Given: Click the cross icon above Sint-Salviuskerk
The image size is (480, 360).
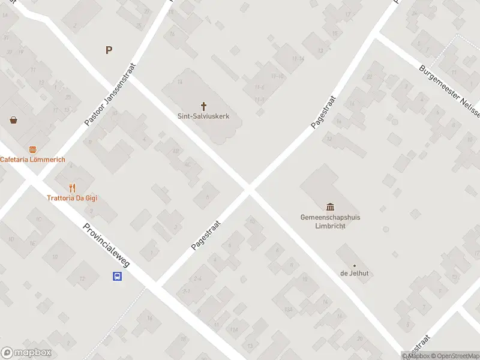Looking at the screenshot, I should coord(203,106).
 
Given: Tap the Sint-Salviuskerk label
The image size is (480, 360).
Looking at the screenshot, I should coord(203,116).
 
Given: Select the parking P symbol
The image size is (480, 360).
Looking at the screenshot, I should coord(109,50).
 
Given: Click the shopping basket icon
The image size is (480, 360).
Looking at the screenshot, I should coord(14,119).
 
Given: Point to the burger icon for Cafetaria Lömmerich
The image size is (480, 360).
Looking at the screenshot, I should coord(32,149).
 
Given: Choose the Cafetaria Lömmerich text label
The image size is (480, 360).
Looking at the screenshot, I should coord(32,160).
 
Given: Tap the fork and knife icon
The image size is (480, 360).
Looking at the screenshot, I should coord(73,188).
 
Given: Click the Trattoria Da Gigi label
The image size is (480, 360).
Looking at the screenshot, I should coord(72,198).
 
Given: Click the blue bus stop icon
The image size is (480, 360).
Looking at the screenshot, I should coord(117,277).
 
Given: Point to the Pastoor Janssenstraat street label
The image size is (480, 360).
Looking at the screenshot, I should coord(111,94).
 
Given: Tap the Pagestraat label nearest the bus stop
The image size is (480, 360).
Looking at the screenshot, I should coord(206,235).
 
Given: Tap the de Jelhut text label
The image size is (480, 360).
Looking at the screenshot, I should coord(354,274).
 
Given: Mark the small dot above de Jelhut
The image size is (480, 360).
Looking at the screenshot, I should coord(354,265).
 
